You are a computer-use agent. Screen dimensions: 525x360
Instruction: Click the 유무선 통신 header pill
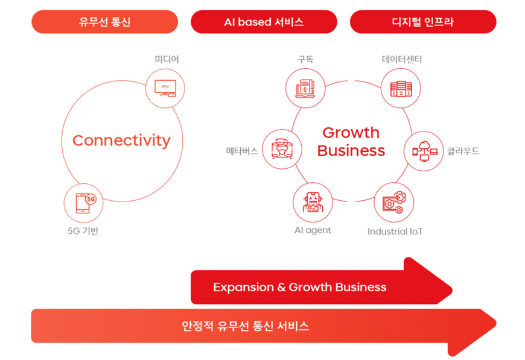(x=104, y=22)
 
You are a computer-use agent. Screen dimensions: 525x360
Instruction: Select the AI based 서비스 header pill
(x=264, y=22)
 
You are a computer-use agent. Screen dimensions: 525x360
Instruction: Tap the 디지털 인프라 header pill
(x=422, y=22)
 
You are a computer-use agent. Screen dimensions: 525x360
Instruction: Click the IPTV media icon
(x=165, y=88)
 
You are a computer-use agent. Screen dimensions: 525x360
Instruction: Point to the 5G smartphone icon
(x=83, y=203)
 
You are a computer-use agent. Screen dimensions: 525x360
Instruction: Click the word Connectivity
(x=121, y=141)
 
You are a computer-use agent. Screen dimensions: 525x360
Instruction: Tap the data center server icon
(x=401, y=88)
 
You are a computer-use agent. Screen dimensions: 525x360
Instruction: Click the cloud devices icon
(x=424, y=151)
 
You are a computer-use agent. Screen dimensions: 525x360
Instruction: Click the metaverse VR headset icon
(x=282, y=149)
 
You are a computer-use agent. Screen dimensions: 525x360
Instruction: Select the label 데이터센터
(x=402, y=59)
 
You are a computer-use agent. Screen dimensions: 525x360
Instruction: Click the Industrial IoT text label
(x=395, y=231)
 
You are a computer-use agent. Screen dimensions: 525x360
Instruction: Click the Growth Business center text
(x=351, y=141)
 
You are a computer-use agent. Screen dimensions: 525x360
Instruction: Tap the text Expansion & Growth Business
(x=299, y=287)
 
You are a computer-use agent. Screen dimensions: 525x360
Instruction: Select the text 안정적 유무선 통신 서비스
(x=246, y=326)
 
